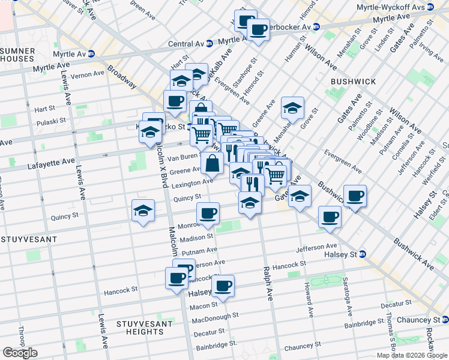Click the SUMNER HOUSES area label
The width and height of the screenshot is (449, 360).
coord(17,55)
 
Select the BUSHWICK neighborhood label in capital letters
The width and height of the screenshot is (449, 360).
coord(353,81)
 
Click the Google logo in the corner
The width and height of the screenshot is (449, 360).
coord(20,353)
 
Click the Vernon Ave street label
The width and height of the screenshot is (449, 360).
coord(87,74)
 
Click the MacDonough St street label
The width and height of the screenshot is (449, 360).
coord(215,316)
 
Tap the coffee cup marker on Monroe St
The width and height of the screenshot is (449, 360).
coord(208,213)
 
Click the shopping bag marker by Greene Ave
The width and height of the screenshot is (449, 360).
coord(212,163)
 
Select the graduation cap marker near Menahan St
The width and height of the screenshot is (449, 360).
coord(292,108)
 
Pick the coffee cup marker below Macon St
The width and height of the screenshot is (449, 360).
coord(223,286)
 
